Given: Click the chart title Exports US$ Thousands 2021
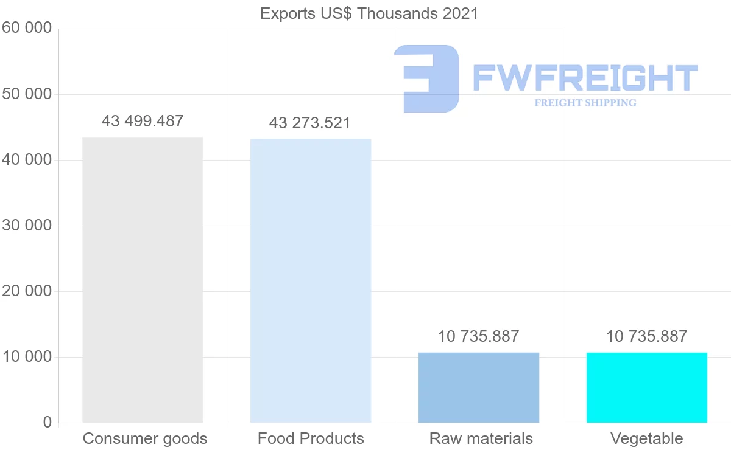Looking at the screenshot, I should [x=369, y=13].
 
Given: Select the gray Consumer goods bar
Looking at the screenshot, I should [x=143, y=280].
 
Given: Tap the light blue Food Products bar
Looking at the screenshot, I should [x=311, y=280].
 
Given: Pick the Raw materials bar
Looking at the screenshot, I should [x=479, y=387].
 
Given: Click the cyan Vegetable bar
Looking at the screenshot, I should [x=647, y=387].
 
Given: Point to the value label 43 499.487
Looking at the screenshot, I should [x=143, y=121].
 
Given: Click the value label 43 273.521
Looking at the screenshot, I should [x=310, y=123].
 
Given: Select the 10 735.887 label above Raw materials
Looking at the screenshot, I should [x=479, y=336].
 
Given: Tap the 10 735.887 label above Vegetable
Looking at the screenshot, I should [x=646, y=336].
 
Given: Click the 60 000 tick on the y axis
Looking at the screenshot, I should [x=27, y=29].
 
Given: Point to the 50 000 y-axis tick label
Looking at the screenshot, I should [x=27, y=94].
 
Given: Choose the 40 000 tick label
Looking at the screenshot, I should [x=27, y=160].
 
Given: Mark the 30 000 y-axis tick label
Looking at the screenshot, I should [x=27, y=226].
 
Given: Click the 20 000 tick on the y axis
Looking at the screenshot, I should [x=27, y=291].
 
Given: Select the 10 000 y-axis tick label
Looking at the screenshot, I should [x=27, y=357].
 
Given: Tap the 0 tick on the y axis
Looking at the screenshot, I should [x=48, y=423].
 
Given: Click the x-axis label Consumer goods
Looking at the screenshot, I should [x=145, y=438].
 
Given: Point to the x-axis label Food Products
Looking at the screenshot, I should [x=311, y=438].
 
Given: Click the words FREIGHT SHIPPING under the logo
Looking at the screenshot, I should [x=585, y=103].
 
